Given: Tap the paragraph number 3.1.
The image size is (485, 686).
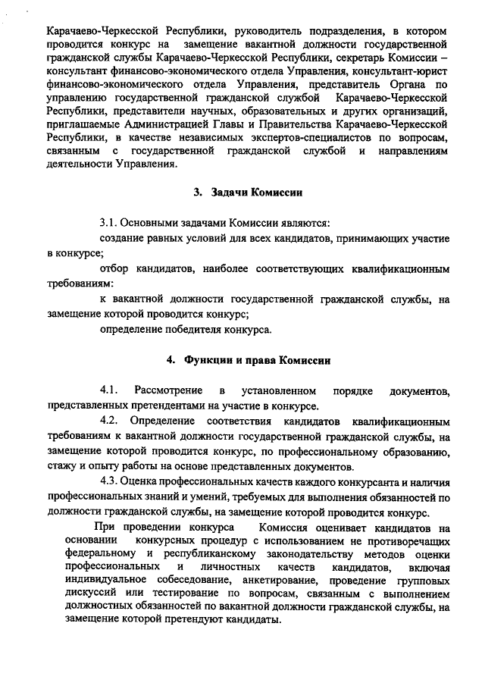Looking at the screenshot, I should (x=109, y=224).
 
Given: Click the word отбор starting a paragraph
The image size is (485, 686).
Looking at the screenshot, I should (x=114, y=269).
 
